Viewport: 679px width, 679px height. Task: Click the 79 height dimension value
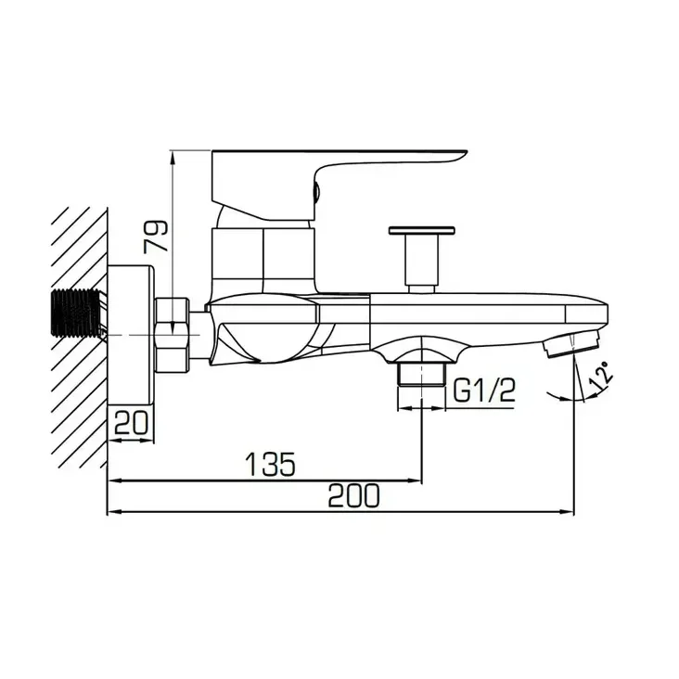click(x=157, y=236)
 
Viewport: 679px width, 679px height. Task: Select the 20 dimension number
click(x=131, y=423)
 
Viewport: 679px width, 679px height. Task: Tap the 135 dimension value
click(x=271, y=464)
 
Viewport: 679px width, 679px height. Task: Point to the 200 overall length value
click(x=353, y=495)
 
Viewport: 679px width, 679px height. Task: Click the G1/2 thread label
click(x=484, y=391)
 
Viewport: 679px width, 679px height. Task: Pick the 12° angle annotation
click(x=602, y=376)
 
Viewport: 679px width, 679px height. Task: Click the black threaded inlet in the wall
click(x=77, y=313)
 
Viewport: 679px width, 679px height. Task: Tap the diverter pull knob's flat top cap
click(x=421, y=230)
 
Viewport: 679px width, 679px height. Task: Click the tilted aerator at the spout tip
click(x=571, y=343)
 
